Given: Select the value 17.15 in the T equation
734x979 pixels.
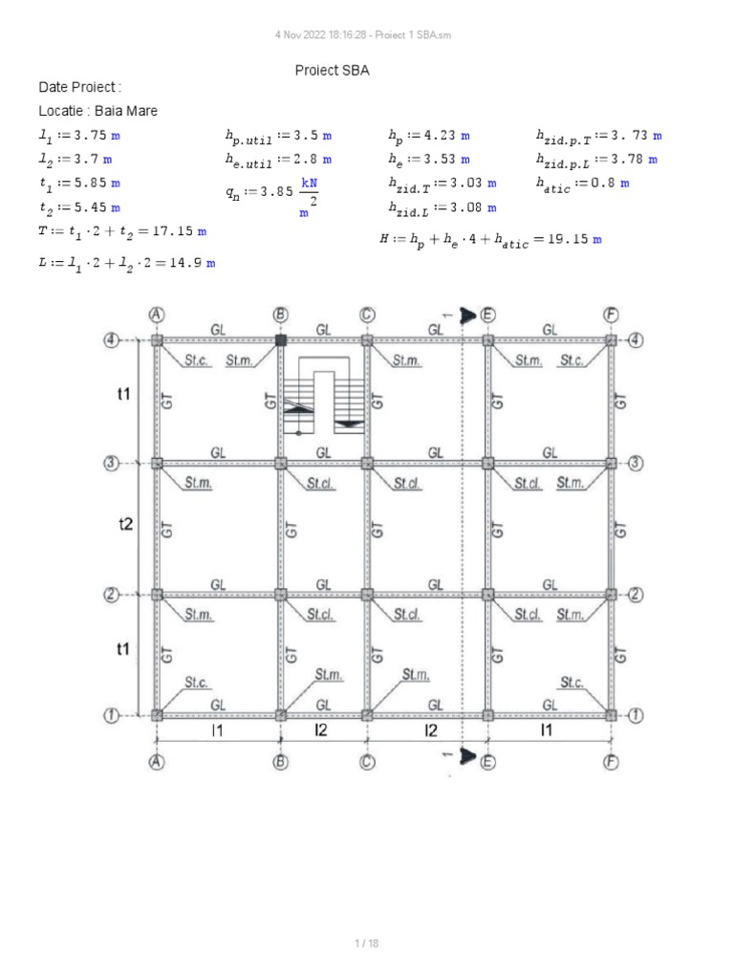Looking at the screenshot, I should pyautogui.click(x=173, y=231).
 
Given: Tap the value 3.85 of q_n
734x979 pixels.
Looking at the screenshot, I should pyautogui.click(x=270, y=191).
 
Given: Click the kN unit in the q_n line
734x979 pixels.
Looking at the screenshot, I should pyautogui.click(x=309, y=183).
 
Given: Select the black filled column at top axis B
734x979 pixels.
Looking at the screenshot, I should pyautogui.click(x=281, y=340).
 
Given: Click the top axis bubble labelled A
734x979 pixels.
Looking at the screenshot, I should pyautogui.click(x=157, y=315).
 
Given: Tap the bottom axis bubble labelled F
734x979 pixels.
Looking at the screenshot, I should pyautogui.click(x=611, y=762).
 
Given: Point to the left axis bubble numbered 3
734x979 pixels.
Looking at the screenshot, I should pyautogui.click(x=111, y=464).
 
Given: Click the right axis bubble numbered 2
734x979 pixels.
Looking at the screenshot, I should pyautogui.click(x=636, y=595).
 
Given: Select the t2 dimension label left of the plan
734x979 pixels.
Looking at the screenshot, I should pyautogui.click(x=124, y=525).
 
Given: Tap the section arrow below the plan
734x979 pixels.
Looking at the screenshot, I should pyautogui.click(x=467, y=757).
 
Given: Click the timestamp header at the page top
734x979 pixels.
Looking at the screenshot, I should pyautogui.click(x=367, y=34).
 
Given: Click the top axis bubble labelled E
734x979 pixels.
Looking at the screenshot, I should pyautogui.click(x=488, y=315).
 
